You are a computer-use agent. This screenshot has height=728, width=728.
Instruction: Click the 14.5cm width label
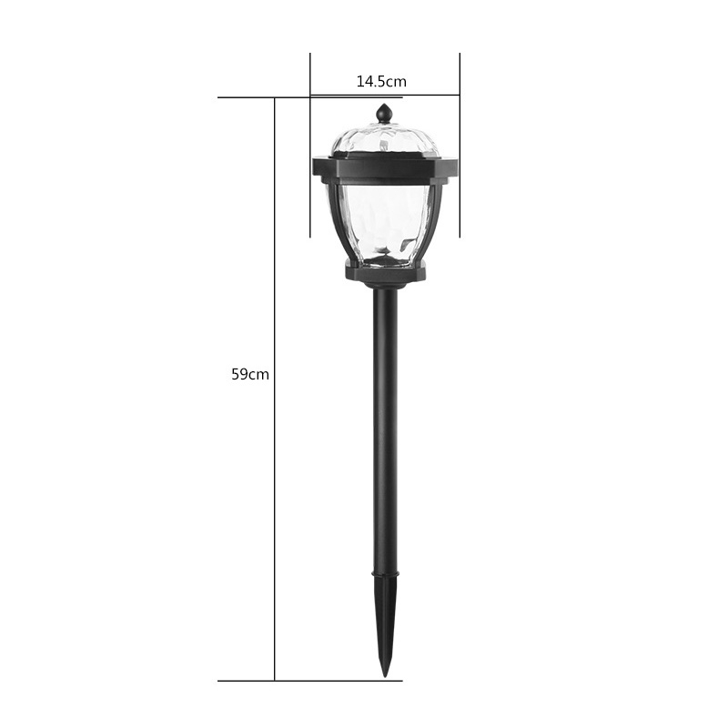click(x=381, y=82)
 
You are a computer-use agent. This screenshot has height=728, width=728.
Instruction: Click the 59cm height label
click(x=250, y=374)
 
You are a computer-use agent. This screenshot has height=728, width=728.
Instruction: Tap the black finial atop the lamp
click(x=384, y=113)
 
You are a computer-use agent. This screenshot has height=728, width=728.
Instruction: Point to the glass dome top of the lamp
click(x=385, y=139)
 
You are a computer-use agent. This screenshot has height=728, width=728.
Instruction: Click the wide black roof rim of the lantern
click(x=385, y=170)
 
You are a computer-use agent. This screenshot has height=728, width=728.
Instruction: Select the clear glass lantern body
click(x=385, y=224)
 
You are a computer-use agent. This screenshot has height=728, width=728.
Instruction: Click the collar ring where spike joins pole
click(x=385, y=574)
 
